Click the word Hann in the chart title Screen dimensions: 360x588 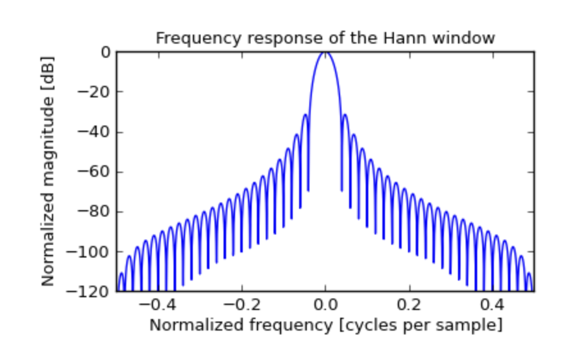click(402, 38)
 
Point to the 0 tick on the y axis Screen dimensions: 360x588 click(104, 52)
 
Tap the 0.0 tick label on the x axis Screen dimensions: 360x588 click(325, 306)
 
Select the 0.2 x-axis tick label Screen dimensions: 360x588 click(409, 306)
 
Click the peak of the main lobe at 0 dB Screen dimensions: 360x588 click(325, 53)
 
